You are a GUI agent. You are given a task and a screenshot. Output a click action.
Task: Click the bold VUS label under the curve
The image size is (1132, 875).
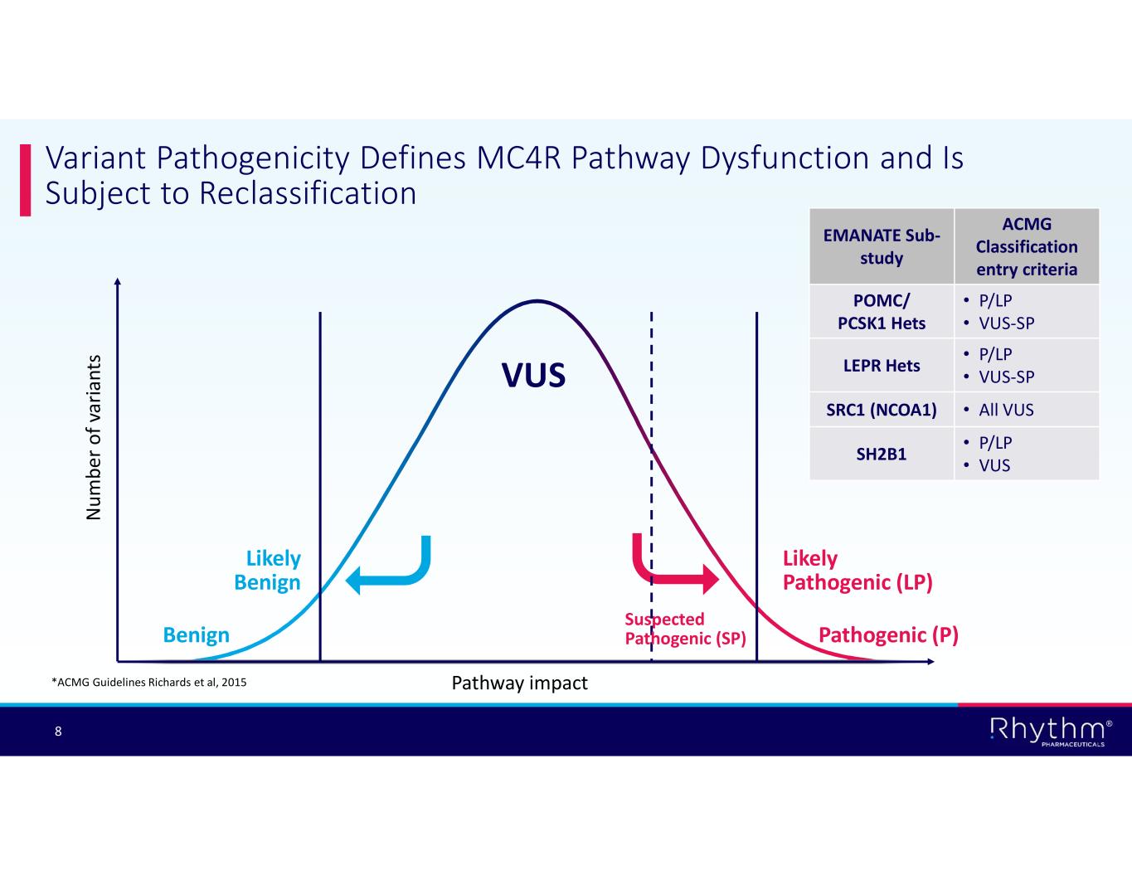pos(534,376)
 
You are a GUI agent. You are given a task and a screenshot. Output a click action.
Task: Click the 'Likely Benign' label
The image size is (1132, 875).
pos(267,570)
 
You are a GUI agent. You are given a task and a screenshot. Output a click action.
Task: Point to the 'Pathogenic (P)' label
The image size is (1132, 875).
pos(888,635)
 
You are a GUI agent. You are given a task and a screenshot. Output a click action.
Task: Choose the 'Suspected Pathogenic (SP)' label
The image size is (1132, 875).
pos(685,629)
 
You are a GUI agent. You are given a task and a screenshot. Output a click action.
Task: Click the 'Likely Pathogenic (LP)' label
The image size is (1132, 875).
pos(858,570)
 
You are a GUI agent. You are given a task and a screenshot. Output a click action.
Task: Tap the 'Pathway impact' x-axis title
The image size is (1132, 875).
pos(519,683)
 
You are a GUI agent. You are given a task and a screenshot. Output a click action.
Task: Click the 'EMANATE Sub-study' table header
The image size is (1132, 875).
pos(882,247)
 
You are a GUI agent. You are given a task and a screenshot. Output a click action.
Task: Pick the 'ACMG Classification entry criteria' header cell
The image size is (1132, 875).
pos(1027,246)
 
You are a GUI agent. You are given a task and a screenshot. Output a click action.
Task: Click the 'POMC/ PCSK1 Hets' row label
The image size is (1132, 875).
pos(882,312)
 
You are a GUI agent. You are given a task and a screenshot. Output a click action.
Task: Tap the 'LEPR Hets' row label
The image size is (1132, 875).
pos(882,365)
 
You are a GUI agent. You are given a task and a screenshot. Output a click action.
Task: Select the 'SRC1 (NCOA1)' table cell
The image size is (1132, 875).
pos(882,410)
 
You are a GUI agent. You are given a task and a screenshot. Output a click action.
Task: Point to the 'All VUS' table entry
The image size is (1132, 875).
pos(1006,410)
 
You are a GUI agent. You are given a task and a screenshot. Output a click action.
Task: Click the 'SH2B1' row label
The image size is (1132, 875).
pos(882,454)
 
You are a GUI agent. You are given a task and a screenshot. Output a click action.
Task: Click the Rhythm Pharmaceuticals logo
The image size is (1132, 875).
pos(1050,732)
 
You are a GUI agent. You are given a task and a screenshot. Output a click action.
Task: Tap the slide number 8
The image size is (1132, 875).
pos(58,732)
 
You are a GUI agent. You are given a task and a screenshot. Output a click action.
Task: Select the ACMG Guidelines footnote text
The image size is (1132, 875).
pos(148,683)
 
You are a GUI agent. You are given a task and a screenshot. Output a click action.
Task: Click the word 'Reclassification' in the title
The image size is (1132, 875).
pos(308,193)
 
